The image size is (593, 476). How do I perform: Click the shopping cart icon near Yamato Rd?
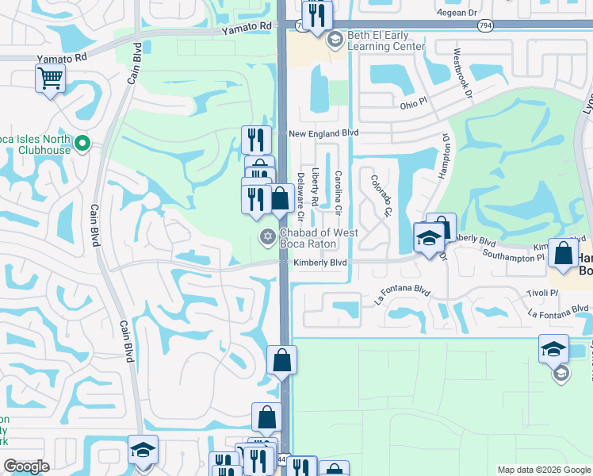click(x=50, y=79)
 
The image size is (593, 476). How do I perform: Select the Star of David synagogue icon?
click(x=267, y=236)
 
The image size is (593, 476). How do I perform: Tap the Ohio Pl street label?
click(x=413, y=105)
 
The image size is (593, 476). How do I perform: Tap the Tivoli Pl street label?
click(x=542, y=293)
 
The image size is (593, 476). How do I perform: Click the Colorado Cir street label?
click(x=381, y=196)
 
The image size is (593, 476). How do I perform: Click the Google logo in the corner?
click(x=27, y=466)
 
